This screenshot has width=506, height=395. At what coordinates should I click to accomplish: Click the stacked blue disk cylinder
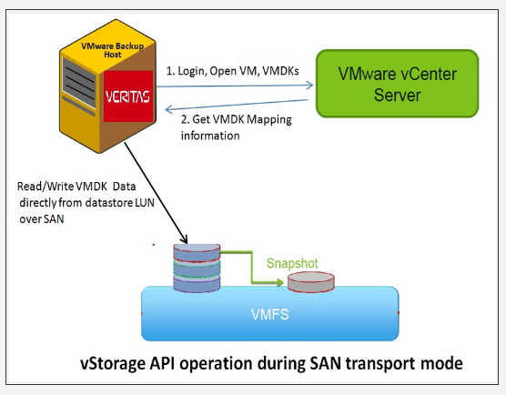pyautogui.click(x=197, y=268)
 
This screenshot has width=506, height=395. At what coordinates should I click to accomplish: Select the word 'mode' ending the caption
pyautogui.click(x=440, y=364)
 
